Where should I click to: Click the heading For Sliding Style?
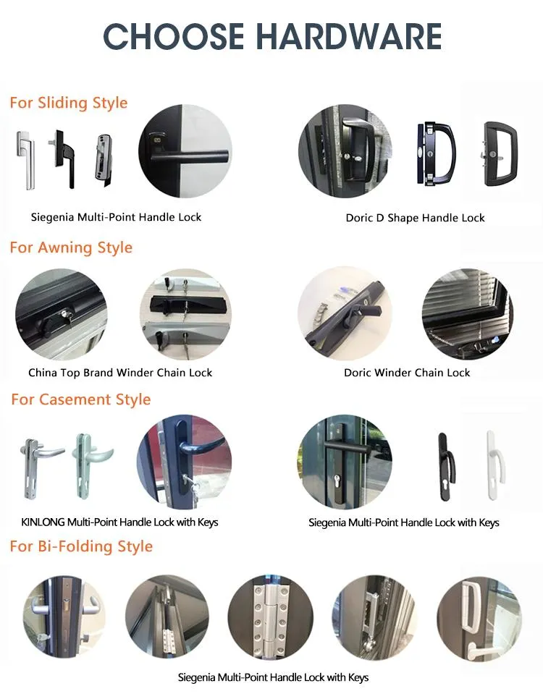69,103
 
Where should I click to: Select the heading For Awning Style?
71,247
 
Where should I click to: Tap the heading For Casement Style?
81,399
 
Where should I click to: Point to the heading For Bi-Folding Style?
81,546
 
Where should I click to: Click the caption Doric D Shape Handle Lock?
415,218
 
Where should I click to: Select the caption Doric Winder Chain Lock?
407,373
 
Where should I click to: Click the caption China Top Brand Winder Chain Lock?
120,373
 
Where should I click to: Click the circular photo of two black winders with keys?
185,314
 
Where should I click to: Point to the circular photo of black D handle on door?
345,151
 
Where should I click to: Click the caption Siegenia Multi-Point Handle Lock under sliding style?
116,217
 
